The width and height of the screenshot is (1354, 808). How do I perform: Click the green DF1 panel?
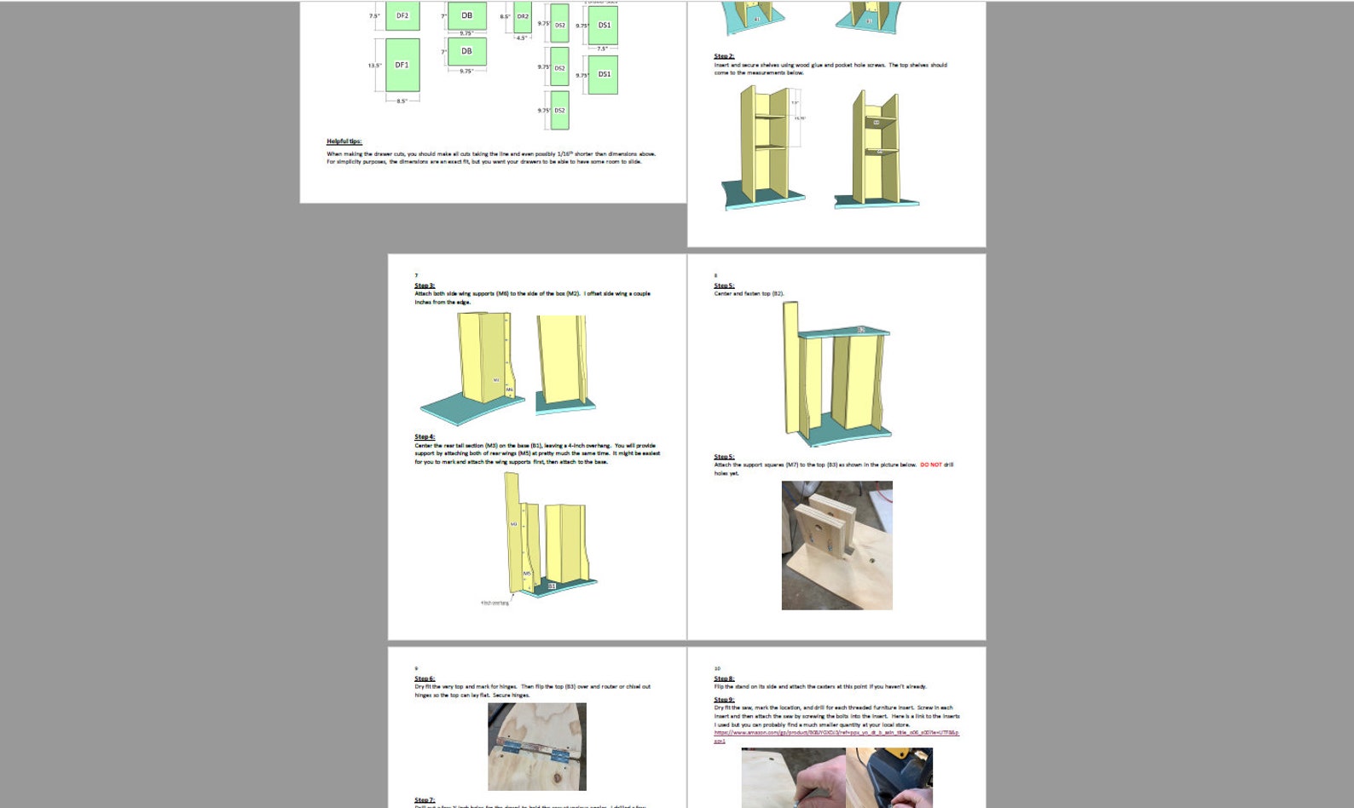[402, 65]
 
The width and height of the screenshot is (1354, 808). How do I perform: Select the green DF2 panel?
[402, 15]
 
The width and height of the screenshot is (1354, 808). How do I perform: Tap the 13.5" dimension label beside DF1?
[373, 66]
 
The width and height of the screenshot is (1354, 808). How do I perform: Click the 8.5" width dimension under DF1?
[402, 101]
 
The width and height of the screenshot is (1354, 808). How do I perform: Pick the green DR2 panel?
[522, 16]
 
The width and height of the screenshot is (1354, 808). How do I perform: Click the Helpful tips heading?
[344, 141]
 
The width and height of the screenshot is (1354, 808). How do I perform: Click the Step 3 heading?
[425, 286]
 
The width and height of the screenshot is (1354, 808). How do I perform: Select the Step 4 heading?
[425, 436]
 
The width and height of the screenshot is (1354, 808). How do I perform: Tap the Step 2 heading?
[724, 56]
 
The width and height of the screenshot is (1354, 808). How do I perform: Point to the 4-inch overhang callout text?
[495, 603]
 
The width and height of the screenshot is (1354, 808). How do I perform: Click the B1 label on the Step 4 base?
[552, 586]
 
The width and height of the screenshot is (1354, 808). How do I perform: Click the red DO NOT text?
[931, 465]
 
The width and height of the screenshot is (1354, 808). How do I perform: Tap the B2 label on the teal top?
[861, 330]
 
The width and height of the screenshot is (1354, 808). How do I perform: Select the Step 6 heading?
[425, 678]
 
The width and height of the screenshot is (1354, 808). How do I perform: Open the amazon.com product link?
[836, 732]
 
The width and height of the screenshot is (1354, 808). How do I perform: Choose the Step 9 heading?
[724, 700]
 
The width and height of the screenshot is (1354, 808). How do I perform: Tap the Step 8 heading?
[724, 678]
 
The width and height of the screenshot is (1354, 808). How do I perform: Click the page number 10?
[717, 668]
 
